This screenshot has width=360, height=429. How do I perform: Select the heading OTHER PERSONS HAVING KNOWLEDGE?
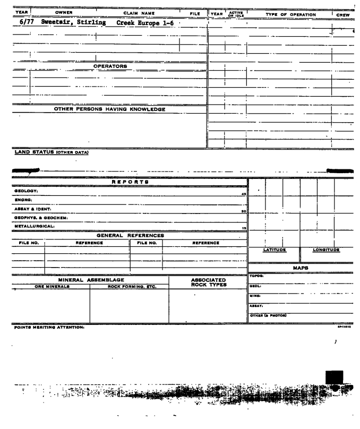[x=110, y=109]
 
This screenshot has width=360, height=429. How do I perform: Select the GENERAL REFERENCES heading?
[x=130, y=235]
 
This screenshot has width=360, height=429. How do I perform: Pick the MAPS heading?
[x=301, y=269]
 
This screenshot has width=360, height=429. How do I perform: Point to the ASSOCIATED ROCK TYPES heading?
[x=208, y=281]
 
